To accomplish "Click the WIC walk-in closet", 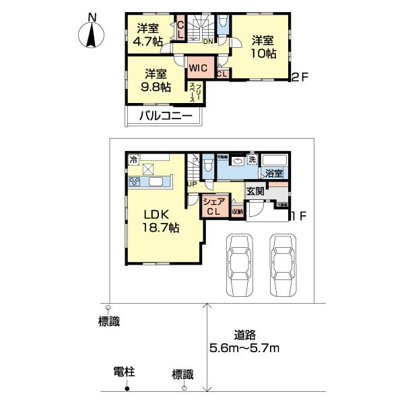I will pos(197,68).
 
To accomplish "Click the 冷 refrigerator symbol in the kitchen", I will pos(133,160).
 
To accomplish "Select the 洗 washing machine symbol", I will pos(251,160).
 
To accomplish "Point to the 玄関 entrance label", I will pos(255,191).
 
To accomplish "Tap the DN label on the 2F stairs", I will pos(208,41).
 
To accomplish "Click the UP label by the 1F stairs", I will pos(192,184).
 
